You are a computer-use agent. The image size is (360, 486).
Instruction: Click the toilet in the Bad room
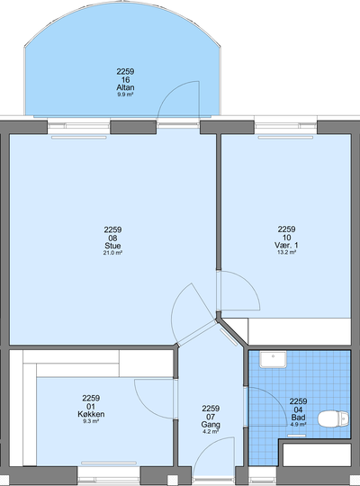coord(333,418)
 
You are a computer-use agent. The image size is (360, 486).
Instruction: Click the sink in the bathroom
coord(273,359)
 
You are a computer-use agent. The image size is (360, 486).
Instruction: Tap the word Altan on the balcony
coord(125,87)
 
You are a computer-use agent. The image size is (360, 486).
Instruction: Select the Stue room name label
coord(112,246)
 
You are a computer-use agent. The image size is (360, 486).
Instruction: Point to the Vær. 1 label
coord(286,245)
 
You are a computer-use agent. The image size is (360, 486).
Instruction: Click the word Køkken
coord(91,414)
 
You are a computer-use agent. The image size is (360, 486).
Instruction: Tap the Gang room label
coord(211,424)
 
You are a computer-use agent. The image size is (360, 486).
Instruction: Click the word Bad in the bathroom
coord(298,418)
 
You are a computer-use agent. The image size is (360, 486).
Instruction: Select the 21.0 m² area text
coord(112,253)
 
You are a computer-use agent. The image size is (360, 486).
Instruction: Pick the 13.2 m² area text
coord(286,252)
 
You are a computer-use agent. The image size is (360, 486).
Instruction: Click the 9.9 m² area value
coord(125,94)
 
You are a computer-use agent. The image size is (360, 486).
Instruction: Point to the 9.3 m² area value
coord(91,421)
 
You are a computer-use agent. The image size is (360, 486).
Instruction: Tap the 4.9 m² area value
coord(298,424)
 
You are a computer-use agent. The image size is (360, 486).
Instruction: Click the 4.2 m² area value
coord(211,431)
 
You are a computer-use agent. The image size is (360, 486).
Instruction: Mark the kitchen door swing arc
coord(146,406)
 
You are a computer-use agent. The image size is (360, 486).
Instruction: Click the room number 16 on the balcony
coord(125,80)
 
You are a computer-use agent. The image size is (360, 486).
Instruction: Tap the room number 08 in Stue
coord(112,238)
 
